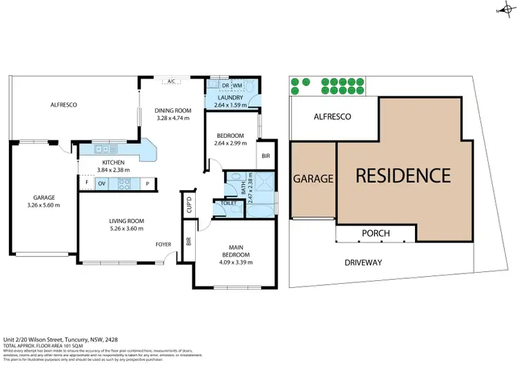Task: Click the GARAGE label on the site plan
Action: [314, 178]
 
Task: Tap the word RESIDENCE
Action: [403, 176]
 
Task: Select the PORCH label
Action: [376, 233]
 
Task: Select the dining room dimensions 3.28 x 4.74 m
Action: [172, 118]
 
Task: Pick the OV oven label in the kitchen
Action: [101, 183]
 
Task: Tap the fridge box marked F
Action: [87, 183]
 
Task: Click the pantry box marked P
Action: [147, 183]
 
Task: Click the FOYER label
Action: [163, 244]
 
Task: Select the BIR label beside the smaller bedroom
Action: [265, 156]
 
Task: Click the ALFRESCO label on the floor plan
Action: [63, 105]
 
